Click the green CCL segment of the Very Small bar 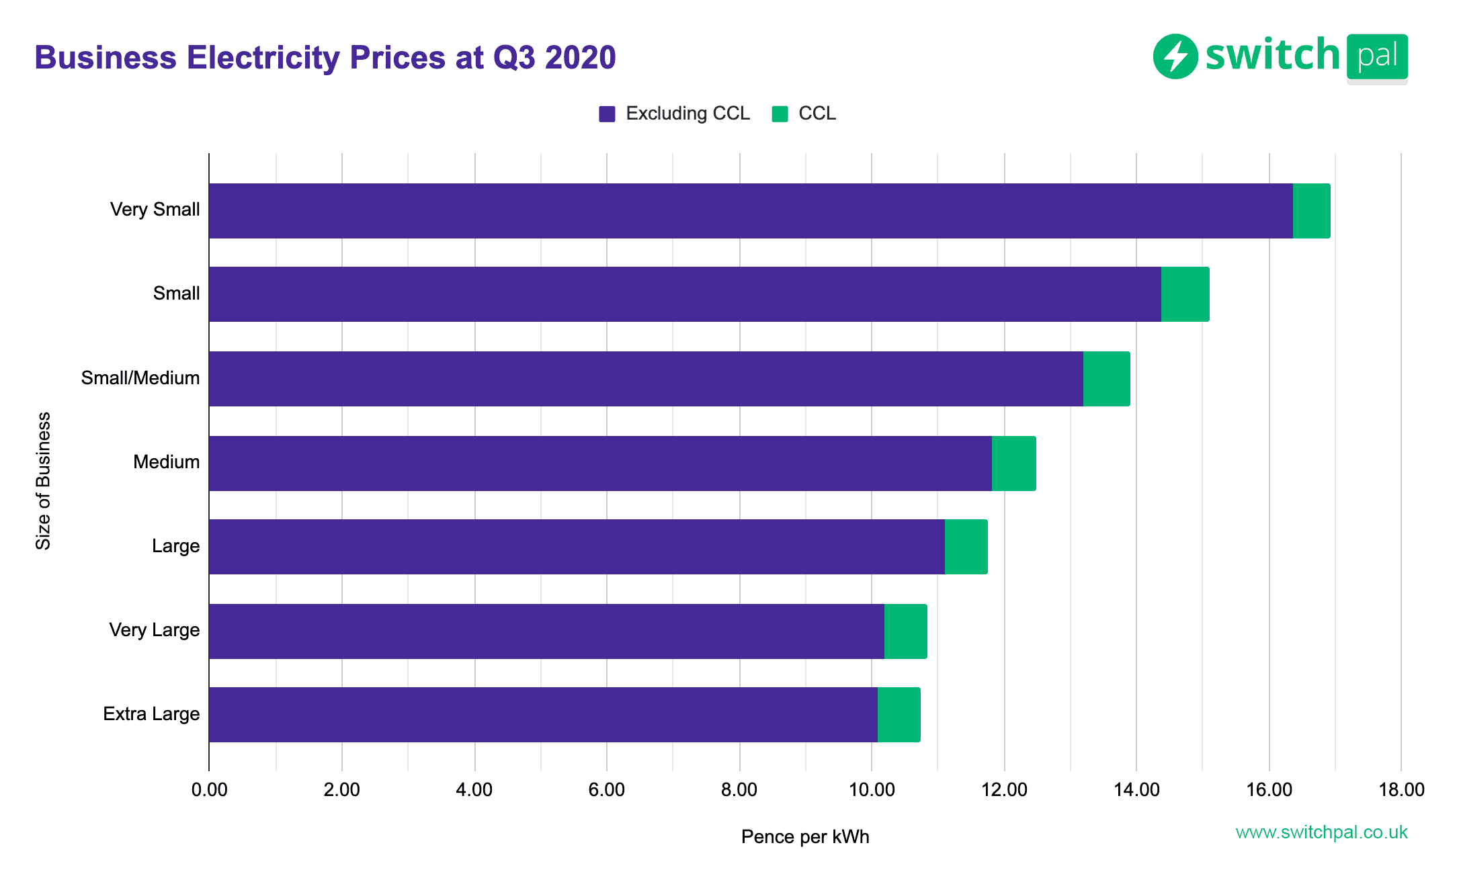coord(1311,211)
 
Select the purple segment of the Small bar coord(684,294)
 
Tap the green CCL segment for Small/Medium coord(1106,379)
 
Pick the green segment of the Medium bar coord(1013,464)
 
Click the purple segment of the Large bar coord(577,547)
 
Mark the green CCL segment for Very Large coord(905,631)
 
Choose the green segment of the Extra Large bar coord(899,715)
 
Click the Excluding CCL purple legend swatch coord(607,114)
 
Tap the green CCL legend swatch coord(780,114)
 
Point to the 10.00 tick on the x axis coord(872,790)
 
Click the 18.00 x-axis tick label coord(1401,790)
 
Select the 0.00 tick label coord(209,790)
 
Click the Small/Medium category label coord(140,378)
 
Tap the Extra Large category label coord(151,714)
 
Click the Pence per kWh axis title coord(804,837)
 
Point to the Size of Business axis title coord(43,481)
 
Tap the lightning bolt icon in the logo coord(1175,56)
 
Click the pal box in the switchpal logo coord(1377,56)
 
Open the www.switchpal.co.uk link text coord(1321,832)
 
